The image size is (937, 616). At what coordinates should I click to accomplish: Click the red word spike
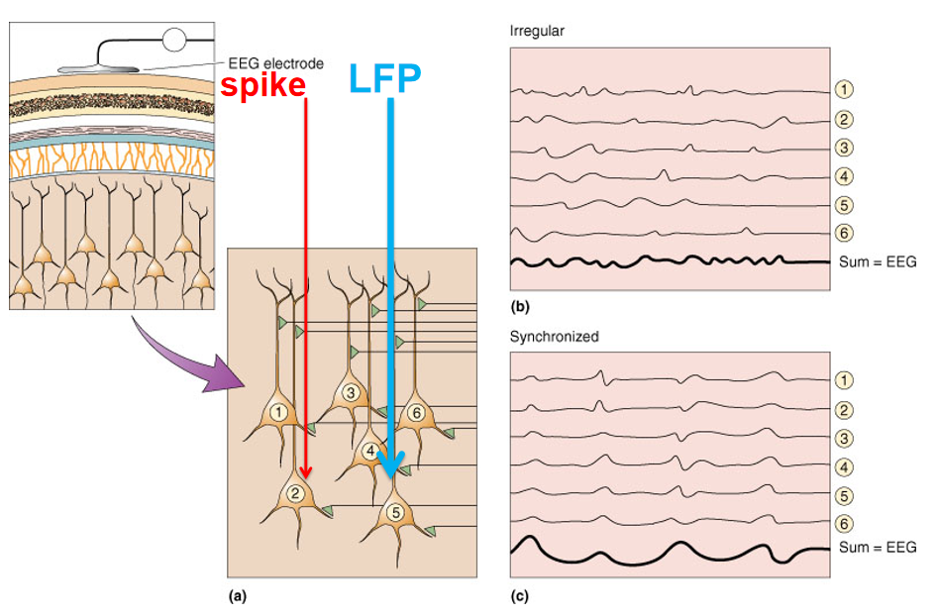[262, 85]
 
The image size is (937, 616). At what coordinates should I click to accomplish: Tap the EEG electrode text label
[275, 63]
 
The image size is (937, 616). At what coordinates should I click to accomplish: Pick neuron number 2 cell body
[295, 492]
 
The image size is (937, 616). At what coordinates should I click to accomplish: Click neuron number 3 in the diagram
[350, 392]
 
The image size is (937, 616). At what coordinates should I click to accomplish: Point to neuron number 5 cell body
[395, 513]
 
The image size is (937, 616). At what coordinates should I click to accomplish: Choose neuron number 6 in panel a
[416, 412]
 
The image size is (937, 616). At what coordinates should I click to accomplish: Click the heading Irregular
[537, 31]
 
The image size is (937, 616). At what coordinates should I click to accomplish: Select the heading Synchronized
[554, 337]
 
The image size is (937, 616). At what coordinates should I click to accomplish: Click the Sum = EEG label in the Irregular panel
[878, 262]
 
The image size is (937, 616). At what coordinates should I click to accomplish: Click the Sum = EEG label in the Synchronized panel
[878, 547]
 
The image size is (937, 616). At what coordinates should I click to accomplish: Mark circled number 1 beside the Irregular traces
[844, 89]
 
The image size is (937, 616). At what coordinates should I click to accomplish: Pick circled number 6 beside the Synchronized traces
[844, 523]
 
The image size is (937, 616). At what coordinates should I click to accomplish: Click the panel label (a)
[237, 597]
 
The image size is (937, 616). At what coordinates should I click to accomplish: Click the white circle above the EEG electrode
[173, 41]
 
